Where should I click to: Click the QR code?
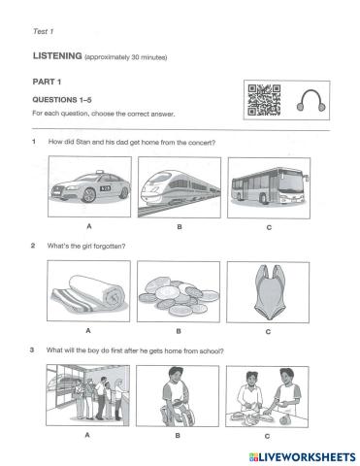(264, 100)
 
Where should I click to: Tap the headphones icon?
(311, 101)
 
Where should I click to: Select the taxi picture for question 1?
(89, 186)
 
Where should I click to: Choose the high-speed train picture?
(180, 187)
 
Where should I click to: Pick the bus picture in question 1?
(269, 187)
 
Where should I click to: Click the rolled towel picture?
(88, 291)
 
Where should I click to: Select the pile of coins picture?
(179, 291)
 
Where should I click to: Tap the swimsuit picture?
(268, 292)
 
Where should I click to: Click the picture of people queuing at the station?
(87, 395)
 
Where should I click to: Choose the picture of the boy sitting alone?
(178, 396)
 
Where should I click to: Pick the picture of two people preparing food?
(267, 397)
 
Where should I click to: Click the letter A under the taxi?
(89, 226)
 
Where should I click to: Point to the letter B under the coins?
(179, 331)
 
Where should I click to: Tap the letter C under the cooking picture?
(267, 436)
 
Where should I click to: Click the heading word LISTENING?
(57, 56)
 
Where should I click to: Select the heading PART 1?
(47, 82)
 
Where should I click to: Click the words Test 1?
(43, 31)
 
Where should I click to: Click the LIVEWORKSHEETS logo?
(303, 456)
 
